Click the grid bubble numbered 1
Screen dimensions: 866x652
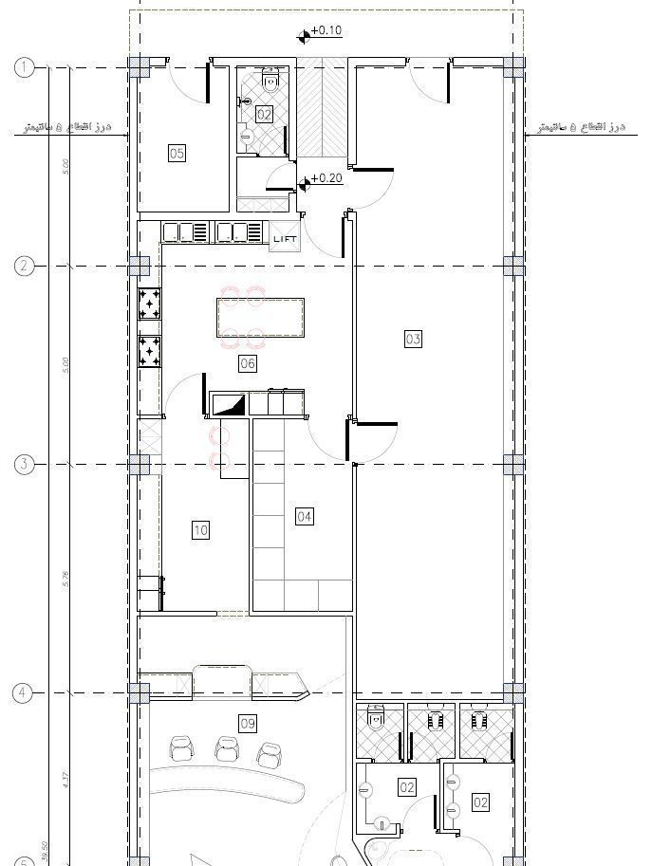tap(25, 67)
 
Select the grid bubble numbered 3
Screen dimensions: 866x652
tap(25, 465)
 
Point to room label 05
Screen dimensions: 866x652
tap(177, 153)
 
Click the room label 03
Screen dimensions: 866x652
tap(413, 339)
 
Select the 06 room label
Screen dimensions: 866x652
tap(248, 363)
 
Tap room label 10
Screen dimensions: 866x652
tap(200, 530)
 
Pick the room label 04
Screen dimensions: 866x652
tap(305, 517)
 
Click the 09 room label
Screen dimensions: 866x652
tap(248, 725)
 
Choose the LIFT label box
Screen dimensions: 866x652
tap(285, 239)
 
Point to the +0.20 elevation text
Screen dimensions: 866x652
tap(326, 178)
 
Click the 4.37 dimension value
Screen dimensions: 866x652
tap(65, 780)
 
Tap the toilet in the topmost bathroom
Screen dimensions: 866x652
tap(271, 82)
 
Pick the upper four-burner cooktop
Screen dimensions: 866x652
tap(150, 304)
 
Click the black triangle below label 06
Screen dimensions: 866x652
tap(229, 405)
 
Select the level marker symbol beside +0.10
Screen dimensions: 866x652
tap(305, 36)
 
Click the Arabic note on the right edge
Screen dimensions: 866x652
tap(578, 126)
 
